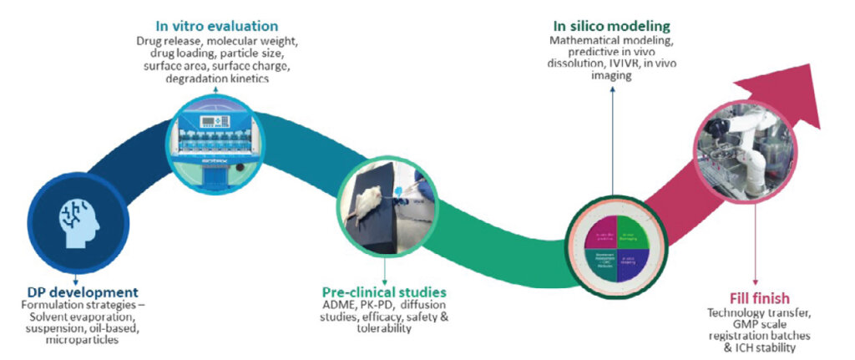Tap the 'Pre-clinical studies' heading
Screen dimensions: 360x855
(x=384, y=292)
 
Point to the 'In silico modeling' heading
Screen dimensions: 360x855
(x=613, y=24)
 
